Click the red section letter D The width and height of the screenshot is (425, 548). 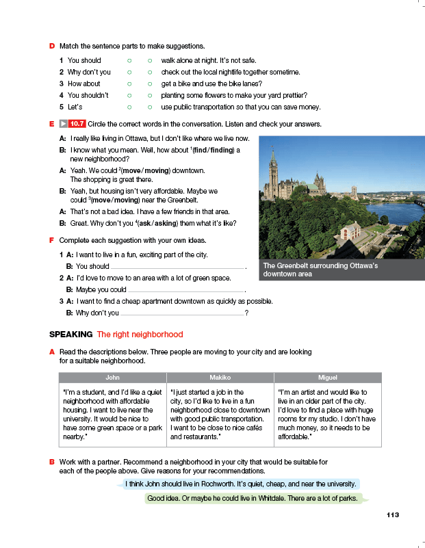click(x=52, y=46)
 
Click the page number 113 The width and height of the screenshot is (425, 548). click(x=392, y=514)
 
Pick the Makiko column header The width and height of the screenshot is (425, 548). click(x=220, y=377)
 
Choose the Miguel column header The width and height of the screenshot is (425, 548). click(x=327, y=377)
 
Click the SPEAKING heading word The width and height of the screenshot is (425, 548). click(x=70, y=335)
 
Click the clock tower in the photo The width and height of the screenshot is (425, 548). click(x=274, y=171)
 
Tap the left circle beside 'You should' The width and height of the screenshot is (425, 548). click(x=129, y=60)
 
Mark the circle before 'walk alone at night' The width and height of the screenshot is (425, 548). click(x=149, y=60)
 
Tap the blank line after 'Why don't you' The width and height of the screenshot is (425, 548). click(x=182, y=313)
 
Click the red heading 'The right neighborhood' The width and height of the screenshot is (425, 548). click(x=140, y=335)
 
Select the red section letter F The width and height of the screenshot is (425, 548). click(x=52, y=240)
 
